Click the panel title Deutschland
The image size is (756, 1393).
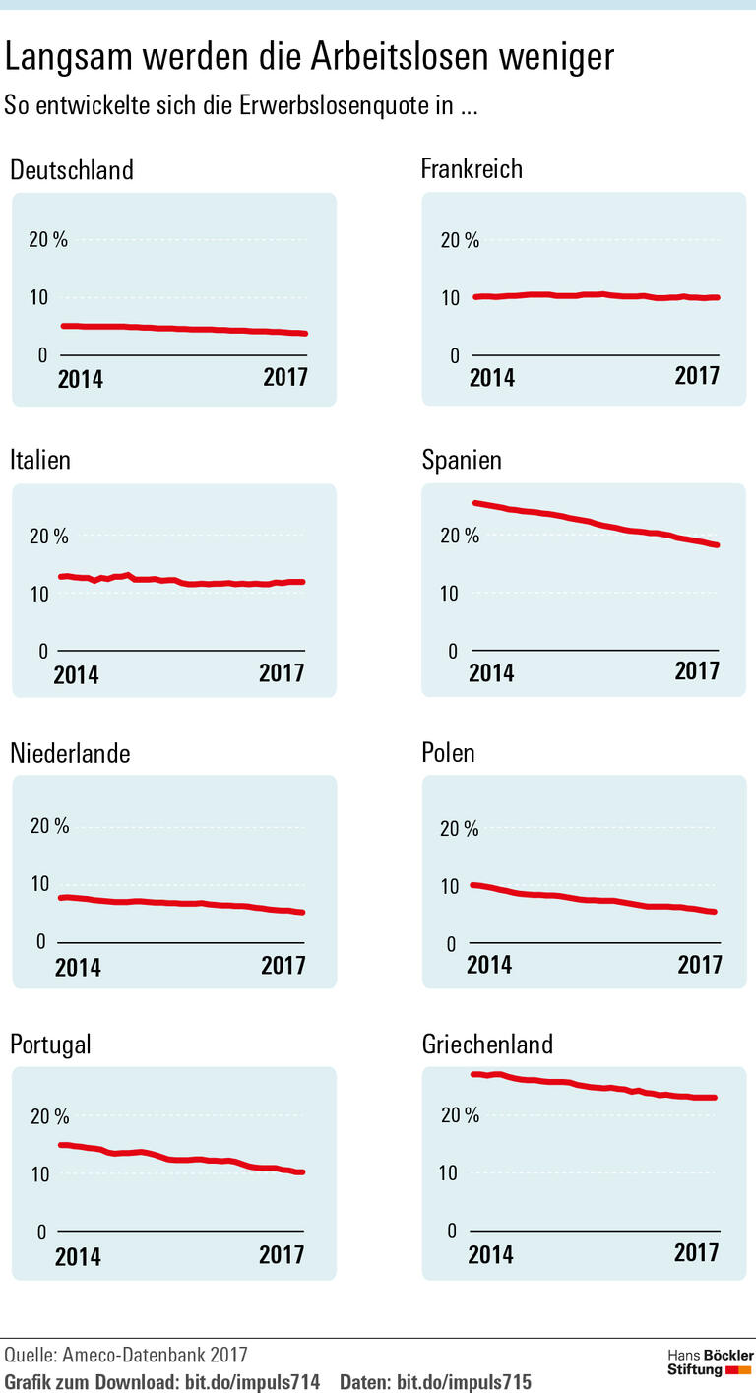[x=71, y=170]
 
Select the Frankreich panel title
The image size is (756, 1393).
[x=472, y=169]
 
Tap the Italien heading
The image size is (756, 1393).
[x=40, y=460]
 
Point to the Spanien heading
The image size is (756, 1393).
[x=462, y=460]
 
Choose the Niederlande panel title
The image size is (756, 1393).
[x=70, y=753]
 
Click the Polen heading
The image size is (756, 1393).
[x=448, y=753]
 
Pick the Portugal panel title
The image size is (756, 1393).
[x=50, y=1045]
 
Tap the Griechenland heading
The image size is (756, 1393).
[x=486, y=1045]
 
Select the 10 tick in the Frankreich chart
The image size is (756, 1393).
[x=450, y=298]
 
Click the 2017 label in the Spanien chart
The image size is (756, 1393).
[x=696, y=671]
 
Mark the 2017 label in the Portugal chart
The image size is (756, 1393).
[x=282, y=1255]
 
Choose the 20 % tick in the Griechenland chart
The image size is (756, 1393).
[x=459, y=1115]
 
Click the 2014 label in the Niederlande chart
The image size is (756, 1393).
[x=78, y=967]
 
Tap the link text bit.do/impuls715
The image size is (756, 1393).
[x=463, y=1382]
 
